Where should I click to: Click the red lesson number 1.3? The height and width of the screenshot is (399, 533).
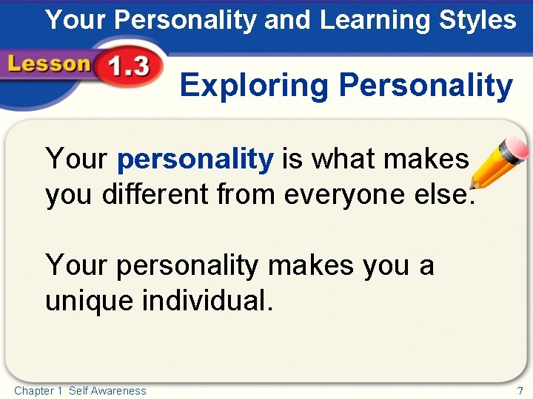coord(127,69)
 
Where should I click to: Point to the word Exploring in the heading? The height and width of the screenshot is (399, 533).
coord(254,86)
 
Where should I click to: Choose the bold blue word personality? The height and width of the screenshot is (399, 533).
coord(195,159)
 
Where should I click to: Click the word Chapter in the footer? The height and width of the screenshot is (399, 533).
coord(33,390)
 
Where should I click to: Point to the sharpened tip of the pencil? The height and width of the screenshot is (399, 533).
coord(472,187)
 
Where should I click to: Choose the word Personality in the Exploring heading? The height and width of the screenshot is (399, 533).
coord(425,86)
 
